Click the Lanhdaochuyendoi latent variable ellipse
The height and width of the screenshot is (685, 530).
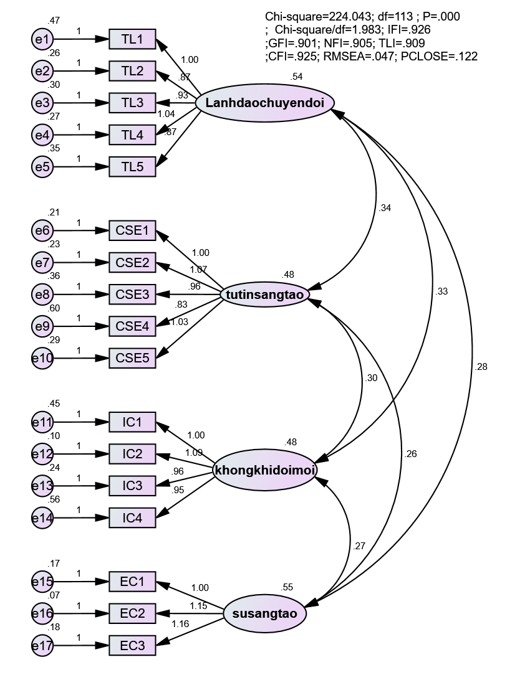pyautogui.click(x=264, y=103)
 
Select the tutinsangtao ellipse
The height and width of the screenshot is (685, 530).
pyautogui.click(x=264, y=295)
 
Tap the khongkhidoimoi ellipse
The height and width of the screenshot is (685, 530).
pyautogui.click(x=264, y=471)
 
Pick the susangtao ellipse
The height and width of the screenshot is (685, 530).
pyautogui.click(x=264, y=613)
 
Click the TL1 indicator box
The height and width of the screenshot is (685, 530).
pyautogui.click(x=132, y=39)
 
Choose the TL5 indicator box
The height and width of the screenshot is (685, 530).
pyautogui.click(x=132, y=167)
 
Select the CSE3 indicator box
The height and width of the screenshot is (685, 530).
pyautogui.click(x=132, y=295)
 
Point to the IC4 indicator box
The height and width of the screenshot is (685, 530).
pyautogui.click(x=132, y=518)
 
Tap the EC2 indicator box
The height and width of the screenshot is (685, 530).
pyautogui.click(x=132, y=613)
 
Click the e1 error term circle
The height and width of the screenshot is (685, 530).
pyautogui.click(x=42, y=39)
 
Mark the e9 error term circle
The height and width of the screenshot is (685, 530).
pyautogui.click(x=42, y=326)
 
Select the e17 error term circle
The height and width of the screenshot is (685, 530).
pyautogui.click(x=42, y=646)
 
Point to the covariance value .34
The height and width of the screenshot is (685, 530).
pyautogui.click(x=385, y=208)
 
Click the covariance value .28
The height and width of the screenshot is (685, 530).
pyautogui.click(x=481, y=367)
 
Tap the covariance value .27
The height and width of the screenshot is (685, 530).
pyautogui.click(x=359, y=546)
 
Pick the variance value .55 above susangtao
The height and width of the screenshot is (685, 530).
pyautogui.click(x=287, y=587)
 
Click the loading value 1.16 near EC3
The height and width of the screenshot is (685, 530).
pyautogui.click(x=180, y=624)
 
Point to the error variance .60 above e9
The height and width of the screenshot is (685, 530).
pyautogui.click(x=54, y=308)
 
